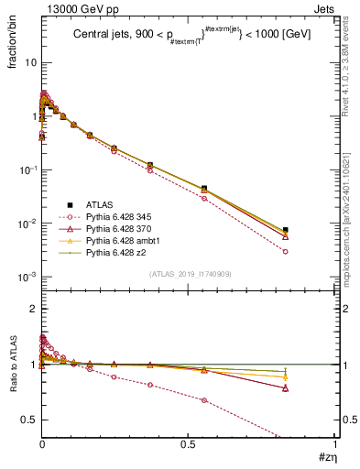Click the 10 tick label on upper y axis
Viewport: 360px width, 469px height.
27,63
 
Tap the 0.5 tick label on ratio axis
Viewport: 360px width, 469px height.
27,420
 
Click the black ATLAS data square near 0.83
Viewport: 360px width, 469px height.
286,230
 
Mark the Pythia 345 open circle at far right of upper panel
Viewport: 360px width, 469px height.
286,251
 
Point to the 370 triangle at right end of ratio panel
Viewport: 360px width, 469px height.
286,388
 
